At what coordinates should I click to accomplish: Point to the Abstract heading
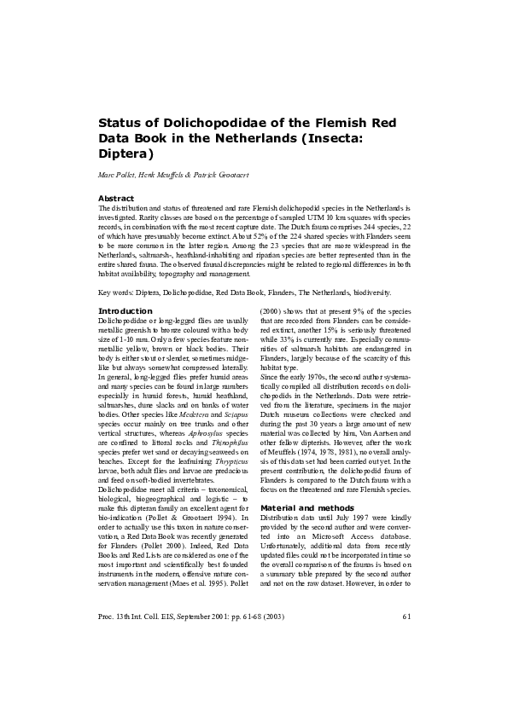point(116,198)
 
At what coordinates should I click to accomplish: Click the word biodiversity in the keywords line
point(369,292)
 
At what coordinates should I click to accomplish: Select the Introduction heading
point(126,310)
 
